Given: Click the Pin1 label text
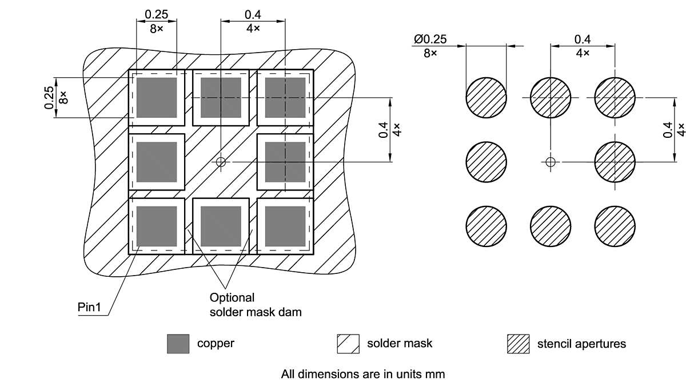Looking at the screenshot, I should pos(89,308).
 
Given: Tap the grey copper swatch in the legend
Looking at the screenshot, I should pos(178,344).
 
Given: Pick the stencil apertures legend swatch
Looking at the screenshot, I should pos(518,344).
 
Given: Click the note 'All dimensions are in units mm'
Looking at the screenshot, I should pos(362,375).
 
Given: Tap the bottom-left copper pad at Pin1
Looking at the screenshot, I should pos(156,226).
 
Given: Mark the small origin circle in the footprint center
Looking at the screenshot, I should pos(221,162).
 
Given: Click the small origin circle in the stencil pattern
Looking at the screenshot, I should pos(550,162).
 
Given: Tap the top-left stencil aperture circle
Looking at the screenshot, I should pos(486,98).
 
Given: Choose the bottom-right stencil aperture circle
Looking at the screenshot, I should pos(615,226).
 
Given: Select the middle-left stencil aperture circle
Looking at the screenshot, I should pos(486,162).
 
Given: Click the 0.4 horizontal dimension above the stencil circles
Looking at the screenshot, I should pos(583,39).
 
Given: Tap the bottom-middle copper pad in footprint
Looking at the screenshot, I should pos(221,226).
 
